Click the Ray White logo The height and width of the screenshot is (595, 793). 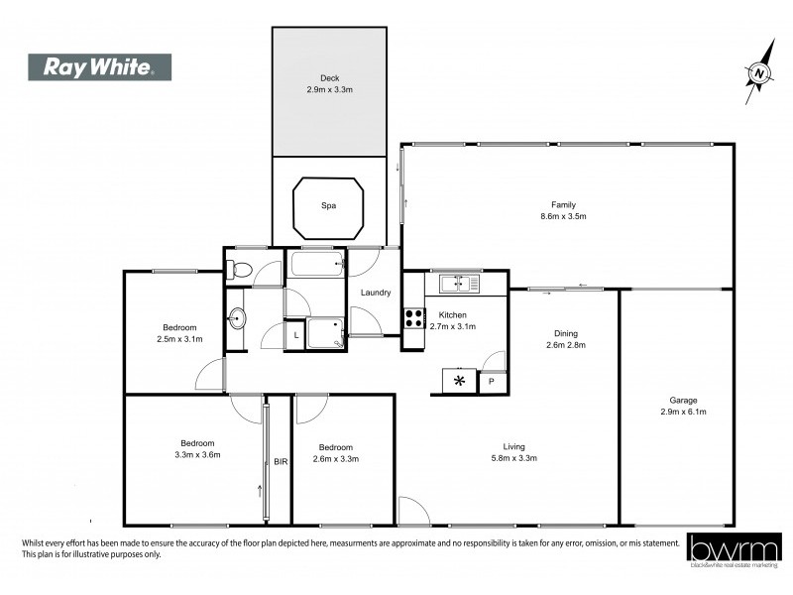[x=98, y=67]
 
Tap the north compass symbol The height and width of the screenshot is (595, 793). [x=758, y=71]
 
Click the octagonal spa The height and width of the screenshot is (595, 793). [x=327, y=206]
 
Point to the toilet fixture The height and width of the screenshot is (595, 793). [x=238, y=268]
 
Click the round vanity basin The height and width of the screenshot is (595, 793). [x=237, y=318]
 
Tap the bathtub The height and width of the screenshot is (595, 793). [x=316, y=264]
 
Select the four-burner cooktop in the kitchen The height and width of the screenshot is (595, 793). [x=413, y=319]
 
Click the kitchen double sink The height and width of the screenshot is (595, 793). [x=459, y=284]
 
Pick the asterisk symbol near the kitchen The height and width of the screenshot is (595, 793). [x=459, y=381]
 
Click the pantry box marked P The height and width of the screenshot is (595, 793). [x=492, y=382]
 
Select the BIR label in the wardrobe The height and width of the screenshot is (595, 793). [x=280, y=462]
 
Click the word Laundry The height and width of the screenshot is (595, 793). [x=376, y=293]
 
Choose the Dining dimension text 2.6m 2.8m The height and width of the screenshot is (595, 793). [x=566, y=345]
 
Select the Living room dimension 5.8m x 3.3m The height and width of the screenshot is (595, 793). [x=512, y=458]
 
